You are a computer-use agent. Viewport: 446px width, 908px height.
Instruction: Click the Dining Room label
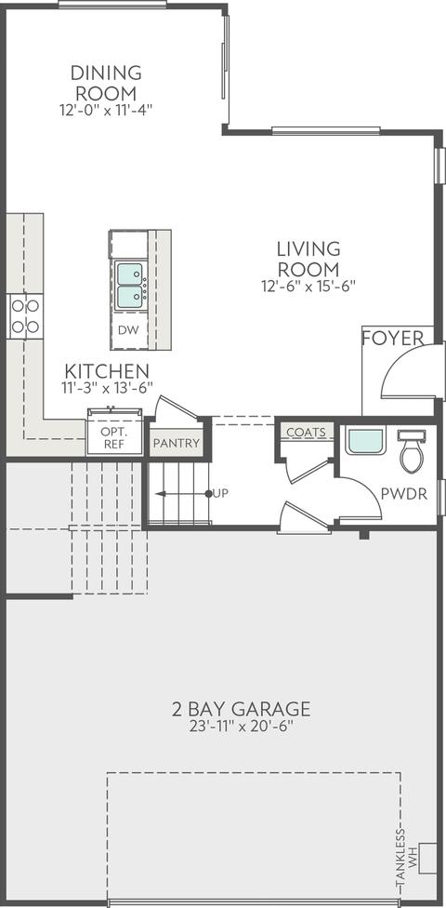tap(106, 83)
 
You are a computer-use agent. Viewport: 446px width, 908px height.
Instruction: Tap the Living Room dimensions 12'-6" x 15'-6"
tap(308, 286)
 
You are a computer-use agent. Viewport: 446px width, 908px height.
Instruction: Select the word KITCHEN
tap(107, 370)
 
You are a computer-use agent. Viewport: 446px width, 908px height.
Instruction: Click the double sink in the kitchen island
tap(129, 286)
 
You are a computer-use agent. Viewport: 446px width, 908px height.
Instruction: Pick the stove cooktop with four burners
tap(25, 316)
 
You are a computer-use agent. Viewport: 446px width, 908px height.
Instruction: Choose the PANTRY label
tap(177, 444)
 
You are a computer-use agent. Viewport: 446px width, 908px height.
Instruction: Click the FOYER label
tap(393, 339)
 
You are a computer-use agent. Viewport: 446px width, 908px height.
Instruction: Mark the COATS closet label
tap(306, 433)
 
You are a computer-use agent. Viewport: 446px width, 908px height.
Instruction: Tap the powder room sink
tap(365, 441)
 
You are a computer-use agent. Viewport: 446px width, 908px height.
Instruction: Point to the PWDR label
tap(404, 494)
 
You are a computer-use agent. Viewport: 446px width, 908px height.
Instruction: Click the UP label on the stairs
tap(220, 493)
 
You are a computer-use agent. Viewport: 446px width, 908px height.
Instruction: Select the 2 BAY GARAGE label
tap(241, 709)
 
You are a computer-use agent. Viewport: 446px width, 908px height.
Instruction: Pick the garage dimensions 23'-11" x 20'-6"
tap(241, 727)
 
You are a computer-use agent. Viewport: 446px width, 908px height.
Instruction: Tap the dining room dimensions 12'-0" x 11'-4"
tap(106, 110)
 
